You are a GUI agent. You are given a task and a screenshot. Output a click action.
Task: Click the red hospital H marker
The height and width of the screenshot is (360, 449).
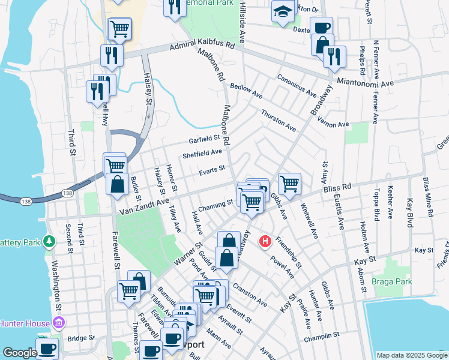(x=265, y=242)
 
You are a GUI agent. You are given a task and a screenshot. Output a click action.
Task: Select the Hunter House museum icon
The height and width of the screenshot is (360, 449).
(x=59, y=324)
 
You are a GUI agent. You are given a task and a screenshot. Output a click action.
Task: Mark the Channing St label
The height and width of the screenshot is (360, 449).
(x=214, y=205)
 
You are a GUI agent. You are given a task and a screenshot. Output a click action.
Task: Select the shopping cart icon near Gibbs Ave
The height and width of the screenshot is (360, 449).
(x=289, y=183)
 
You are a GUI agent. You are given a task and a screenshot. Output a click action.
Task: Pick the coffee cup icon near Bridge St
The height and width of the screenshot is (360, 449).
(x=47, y=348)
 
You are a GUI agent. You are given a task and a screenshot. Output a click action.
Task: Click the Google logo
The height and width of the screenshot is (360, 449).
(x=20, y=353)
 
